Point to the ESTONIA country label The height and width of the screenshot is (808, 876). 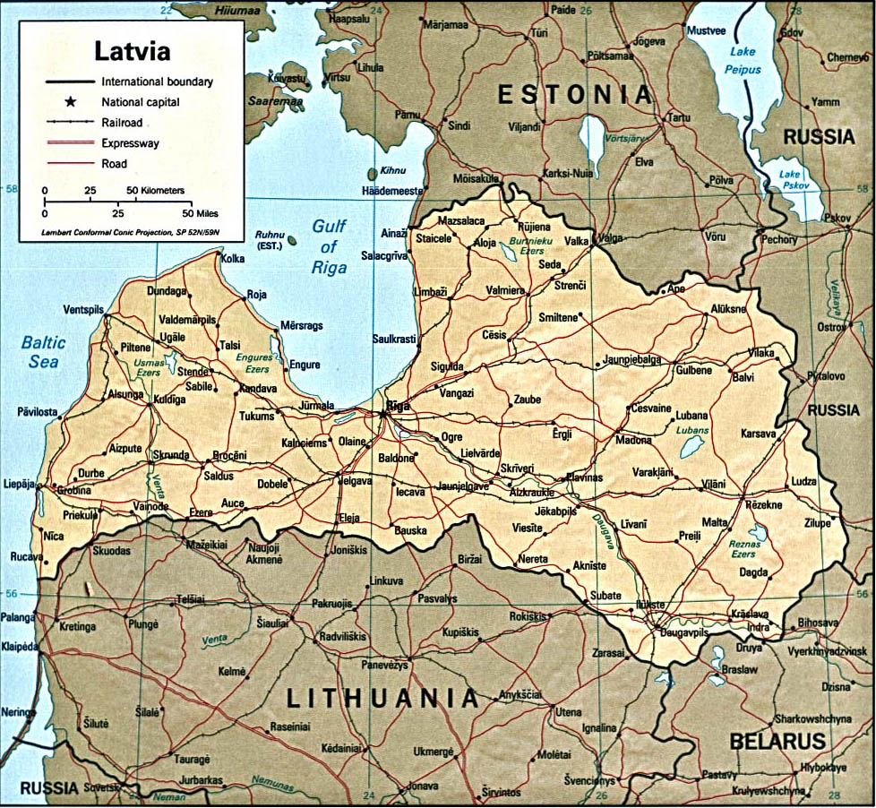click(x=574, y=95)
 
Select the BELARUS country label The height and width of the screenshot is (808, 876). click(x=776, y=742)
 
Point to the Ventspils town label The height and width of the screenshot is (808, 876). click(x=84, y=310)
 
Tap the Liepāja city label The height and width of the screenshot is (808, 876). click(x=18, y=484)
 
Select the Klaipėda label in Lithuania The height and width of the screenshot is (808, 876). click(x=20, y=646)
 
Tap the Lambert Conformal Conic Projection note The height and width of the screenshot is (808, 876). click(x=131, y=232)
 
